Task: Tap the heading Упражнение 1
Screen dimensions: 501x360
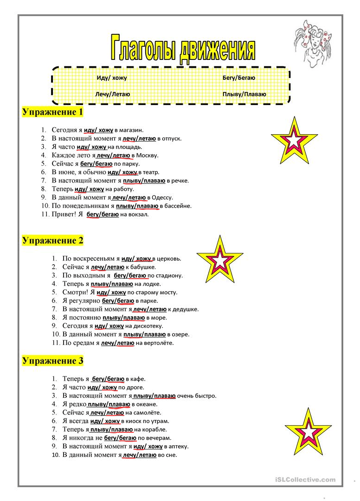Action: click(52, 112)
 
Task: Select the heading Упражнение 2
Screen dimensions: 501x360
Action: click(52, 240)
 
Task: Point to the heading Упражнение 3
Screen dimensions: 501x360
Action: click(52, 360)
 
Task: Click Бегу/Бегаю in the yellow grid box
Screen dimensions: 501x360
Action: click(238, 78)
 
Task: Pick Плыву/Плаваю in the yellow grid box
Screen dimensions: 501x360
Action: click(244, 94)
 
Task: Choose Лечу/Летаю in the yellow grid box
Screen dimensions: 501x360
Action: click(112, 94)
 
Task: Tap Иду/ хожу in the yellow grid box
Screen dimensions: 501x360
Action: click(111, 78)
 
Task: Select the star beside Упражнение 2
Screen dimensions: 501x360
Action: click(220, 260)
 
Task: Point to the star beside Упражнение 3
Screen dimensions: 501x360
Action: click(308, 432)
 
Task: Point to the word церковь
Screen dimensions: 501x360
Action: click(169, 259)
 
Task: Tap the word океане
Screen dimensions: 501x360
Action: click(145, 404)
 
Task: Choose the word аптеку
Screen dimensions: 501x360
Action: click(178, 446)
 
